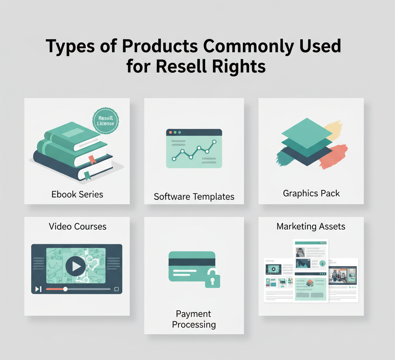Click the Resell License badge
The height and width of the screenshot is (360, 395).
(106, 121)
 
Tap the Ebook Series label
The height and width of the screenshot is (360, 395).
(77, 194)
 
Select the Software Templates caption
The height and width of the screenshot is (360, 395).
(194, 196)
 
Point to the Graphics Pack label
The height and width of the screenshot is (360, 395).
(311, 193)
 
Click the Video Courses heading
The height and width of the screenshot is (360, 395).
(78, 226)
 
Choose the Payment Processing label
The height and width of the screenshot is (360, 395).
(194, 319)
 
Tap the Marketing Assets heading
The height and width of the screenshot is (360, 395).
(311, 226)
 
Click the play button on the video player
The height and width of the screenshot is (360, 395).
(76, 266)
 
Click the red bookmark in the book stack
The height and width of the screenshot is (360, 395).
(91, 159)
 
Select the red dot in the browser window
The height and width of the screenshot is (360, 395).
(170, 132)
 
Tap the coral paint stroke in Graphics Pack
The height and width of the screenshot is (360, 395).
(333, 156)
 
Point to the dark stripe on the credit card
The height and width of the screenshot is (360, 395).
(192, 262)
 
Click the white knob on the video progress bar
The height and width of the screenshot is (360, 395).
(65, 289)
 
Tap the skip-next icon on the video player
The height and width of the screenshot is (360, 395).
(38, 289)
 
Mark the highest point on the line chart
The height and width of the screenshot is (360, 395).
(215, 142)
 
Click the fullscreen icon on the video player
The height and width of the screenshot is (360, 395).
(116, 289)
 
